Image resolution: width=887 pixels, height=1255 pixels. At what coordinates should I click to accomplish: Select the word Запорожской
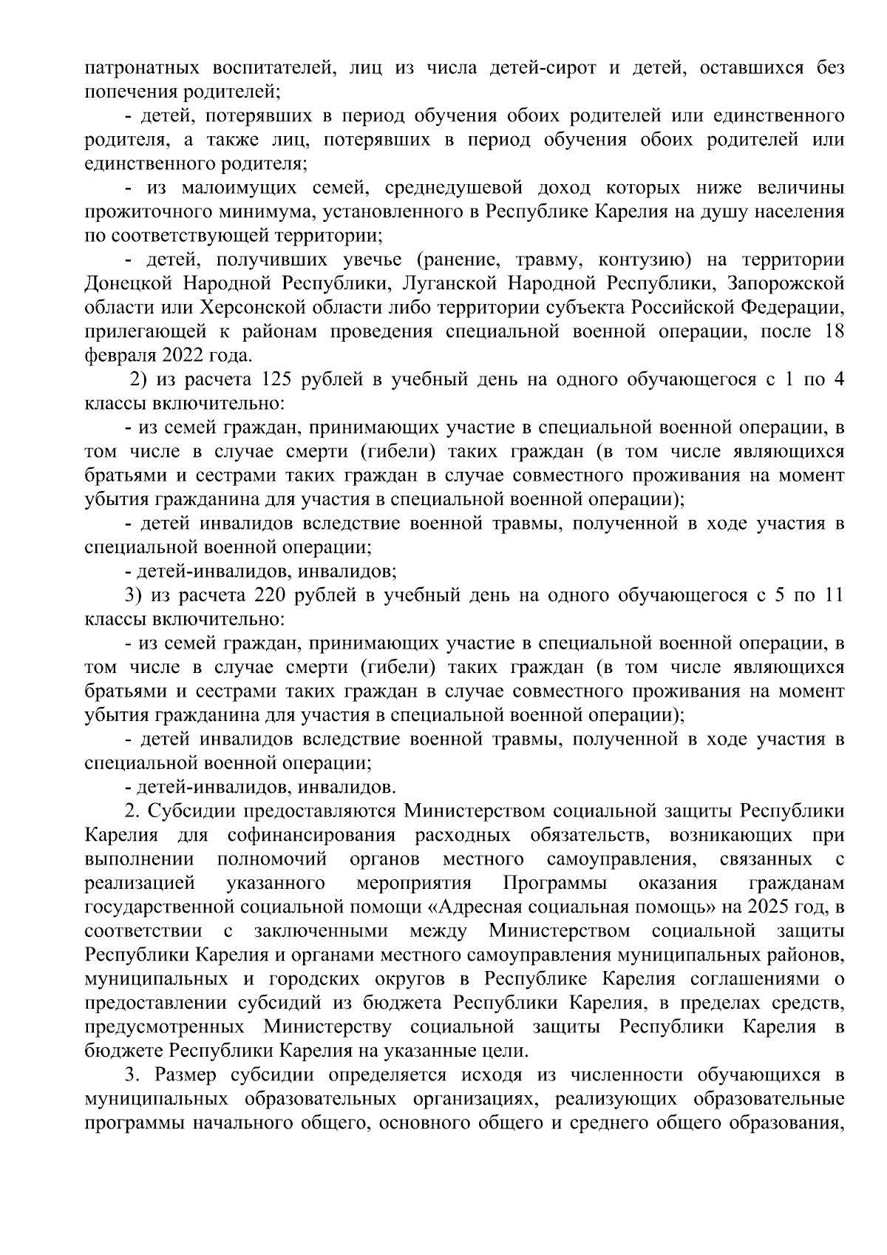pos(785,284)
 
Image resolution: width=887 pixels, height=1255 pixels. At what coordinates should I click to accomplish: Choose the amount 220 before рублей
pos(269,596)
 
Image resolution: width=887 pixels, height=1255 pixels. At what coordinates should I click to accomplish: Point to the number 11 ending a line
pos(832,596)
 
